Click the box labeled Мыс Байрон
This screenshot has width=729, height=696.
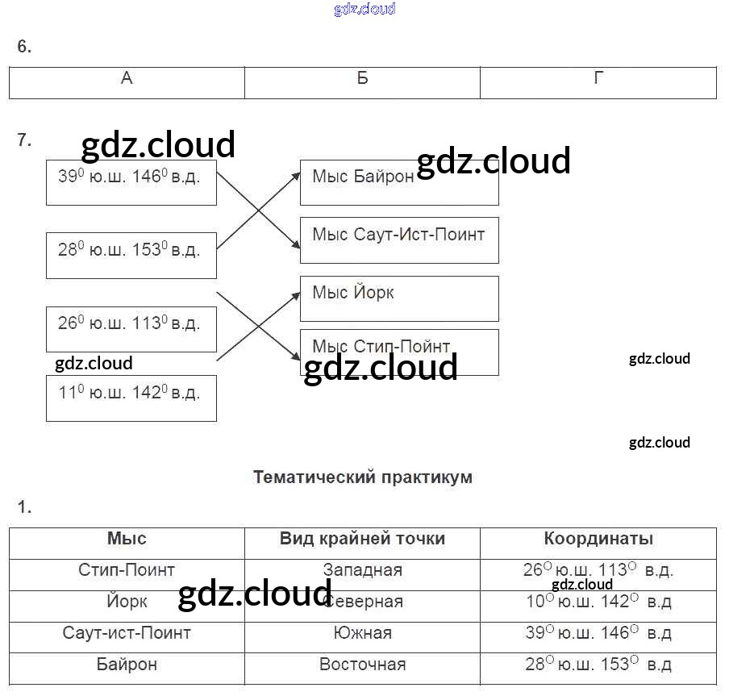(398, 182)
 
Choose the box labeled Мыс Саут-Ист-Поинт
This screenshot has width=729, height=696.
(398, 240)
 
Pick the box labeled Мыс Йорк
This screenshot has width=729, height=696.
(398, 298)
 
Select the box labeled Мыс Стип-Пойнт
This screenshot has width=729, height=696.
(398, 352)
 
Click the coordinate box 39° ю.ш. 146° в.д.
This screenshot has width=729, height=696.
(131, 182)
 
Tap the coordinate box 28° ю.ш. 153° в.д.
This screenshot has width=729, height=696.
(131, 255)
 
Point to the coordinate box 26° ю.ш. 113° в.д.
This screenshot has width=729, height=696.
(131, 328)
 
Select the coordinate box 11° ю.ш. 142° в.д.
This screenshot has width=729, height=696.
(131, 398)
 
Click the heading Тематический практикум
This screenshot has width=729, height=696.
(362, 477)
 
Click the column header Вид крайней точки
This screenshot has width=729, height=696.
(362, 540)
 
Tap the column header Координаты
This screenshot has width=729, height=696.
(598, 540)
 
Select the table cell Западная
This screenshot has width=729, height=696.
(362, 570)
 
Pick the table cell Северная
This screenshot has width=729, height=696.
(362, 602)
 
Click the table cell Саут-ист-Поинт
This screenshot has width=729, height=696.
(127, 633)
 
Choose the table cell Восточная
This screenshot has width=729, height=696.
(362, 665)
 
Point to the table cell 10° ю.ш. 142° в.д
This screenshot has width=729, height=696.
(598, 602)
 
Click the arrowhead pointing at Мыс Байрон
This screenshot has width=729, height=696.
(296, 174)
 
